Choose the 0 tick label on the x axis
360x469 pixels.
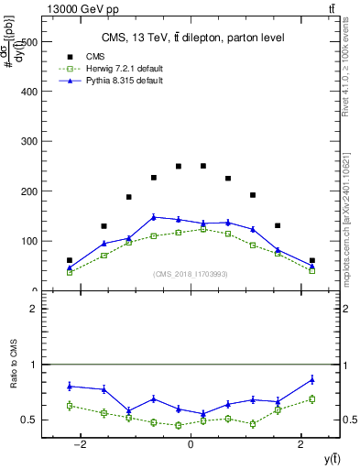(x=191, y=443)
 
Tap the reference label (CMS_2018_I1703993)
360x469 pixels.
(x=190, y=274)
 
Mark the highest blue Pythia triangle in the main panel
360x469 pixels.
(x=154, y=217)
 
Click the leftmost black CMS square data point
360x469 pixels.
(x=70, y=260)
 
